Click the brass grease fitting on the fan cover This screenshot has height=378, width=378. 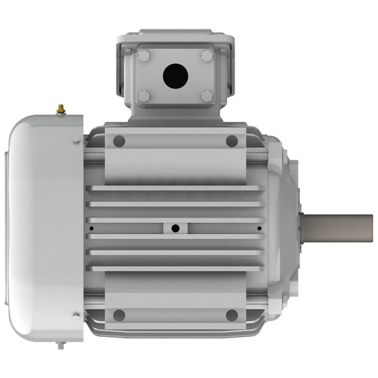tap(61, 109)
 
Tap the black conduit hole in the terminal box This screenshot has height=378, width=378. tap(175, 76)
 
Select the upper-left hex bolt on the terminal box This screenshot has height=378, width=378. tap(143, 56)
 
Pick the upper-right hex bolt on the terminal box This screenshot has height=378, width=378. tap(207, 56)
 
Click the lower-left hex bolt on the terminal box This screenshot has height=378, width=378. tap(143, 96)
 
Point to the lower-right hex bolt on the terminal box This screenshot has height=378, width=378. tap(207, 96)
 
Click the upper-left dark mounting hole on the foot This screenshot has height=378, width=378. tap(119, 141)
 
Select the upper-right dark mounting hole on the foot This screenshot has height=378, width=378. tap(231, 141)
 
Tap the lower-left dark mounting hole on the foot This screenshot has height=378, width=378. tap(119, 315)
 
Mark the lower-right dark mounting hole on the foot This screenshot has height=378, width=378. tap(231, 315)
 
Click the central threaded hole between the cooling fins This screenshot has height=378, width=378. tap(175, 228)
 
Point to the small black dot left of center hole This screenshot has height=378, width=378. tap(91, 228)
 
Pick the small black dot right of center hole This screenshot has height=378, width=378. tap(259, 228)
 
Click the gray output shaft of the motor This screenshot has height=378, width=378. tap(339, 227)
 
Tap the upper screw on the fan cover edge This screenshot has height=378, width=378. tap(76, 140)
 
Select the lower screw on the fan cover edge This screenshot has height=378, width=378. tap(76, 315)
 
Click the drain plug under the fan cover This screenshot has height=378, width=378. tap(61, 344)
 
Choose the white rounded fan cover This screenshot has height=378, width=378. tap(42, 228)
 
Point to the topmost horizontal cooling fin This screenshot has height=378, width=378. tap(176, 188)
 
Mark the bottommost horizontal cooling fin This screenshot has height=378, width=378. tap(176, 268)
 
